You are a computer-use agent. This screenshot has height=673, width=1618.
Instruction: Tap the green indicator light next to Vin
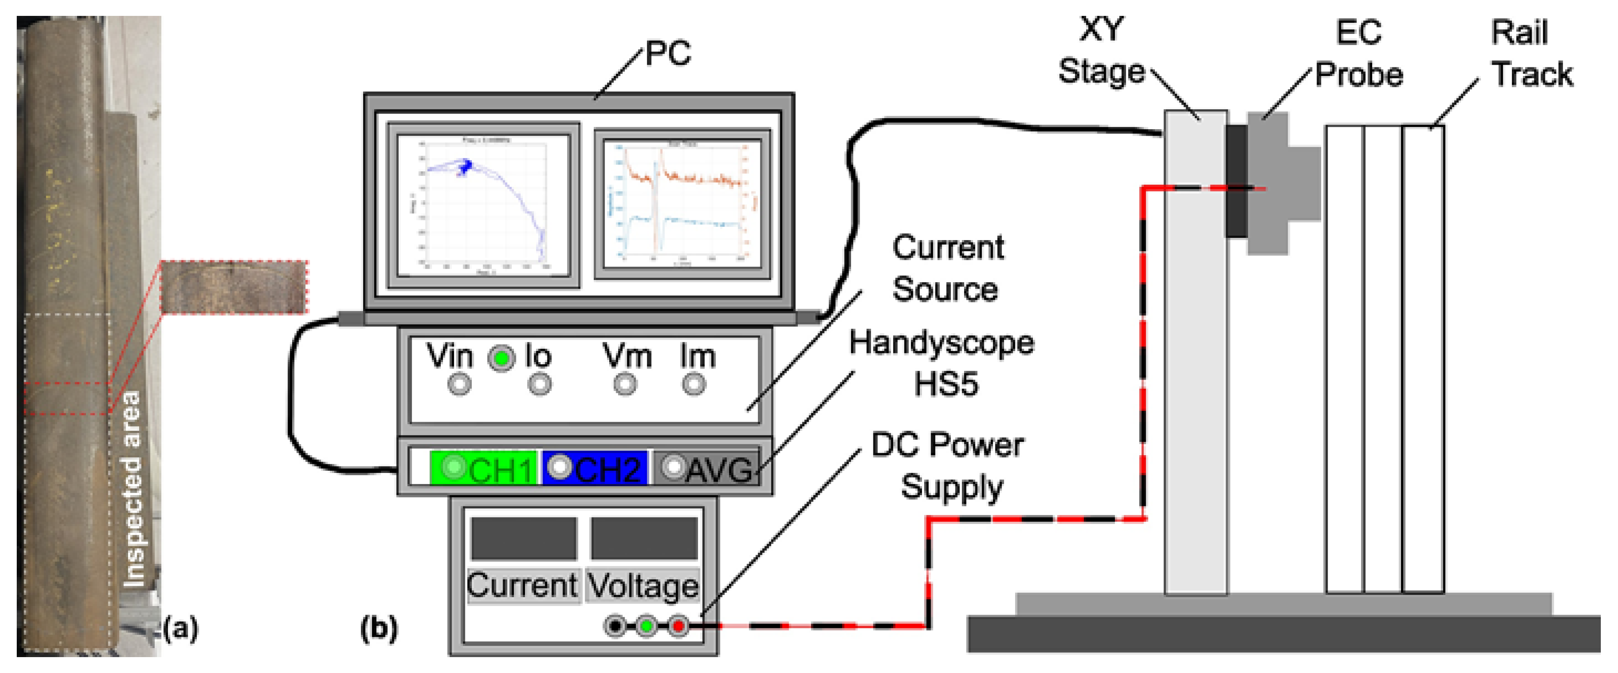(501, 358)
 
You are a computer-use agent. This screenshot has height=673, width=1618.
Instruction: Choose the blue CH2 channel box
(594, 468)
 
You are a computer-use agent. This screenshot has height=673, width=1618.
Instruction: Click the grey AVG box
(707, 468)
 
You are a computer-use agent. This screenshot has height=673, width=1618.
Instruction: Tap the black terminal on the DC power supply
(616, 626)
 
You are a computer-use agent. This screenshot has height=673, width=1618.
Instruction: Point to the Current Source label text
(947, 268)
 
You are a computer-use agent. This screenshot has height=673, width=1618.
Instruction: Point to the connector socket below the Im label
(693, 384)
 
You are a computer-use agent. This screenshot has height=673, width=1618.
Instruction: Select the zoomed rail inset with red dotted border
(234, 287)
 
